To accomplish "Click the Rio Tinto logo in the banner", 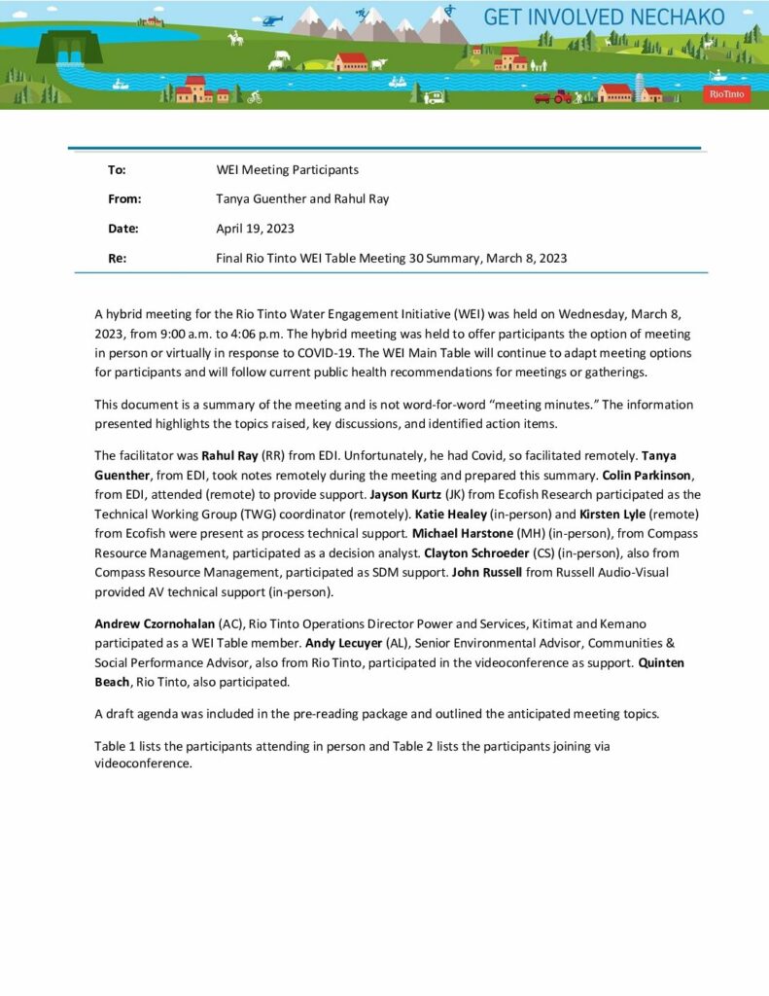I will [x=726, y=93].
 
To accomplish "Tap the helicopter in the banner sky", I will [x=274, y=19].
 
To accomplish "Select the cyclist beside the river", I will [x=255, y=96].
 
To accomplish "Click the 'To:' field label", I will [x=117, y=169].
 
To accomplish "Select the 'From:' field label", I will [x=124, y=198].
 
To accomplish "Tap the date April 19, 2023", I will [x=255, y=229].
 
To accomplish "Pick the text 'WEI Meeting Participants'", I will [x=287, y=169].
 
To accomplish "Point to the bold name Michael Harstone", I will [x=463, y=533].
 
